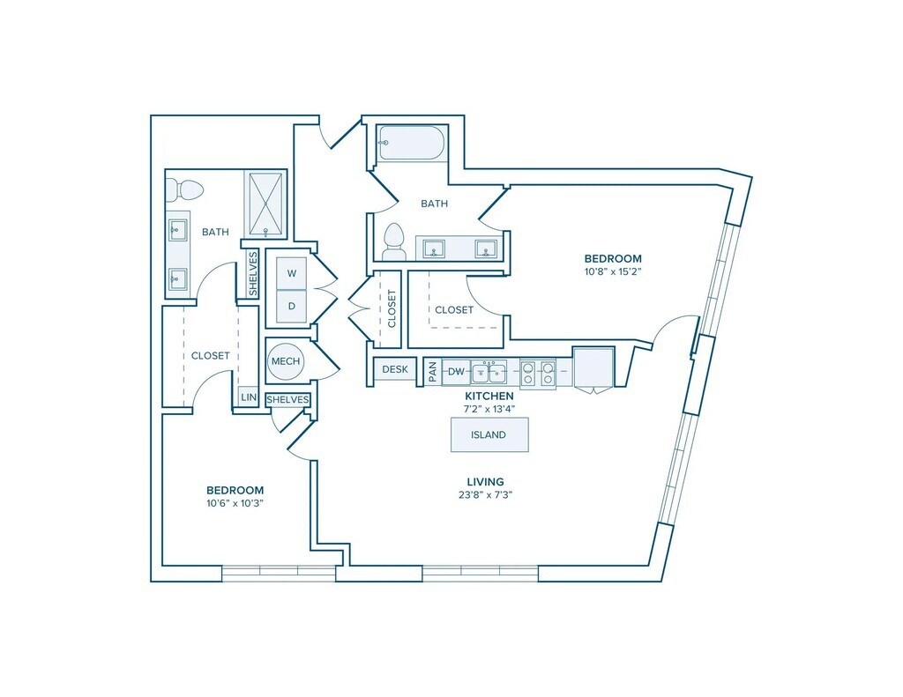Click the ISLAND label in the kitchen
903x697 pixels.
[x=489, y=435]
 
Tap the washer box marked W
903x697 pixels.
[x=292, y=273]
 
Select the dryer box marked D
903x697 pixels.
[x=292, y=306]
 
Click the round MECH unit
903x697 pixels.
[x=286, y=361]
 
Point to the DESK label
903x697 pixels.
[x=395, y=369]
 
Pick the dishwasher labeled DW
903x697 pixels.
[x=456, y=372]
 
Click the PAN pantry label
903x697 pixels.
[x=432, y=372]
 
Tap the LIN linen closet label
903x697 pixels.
[x=249, y=397]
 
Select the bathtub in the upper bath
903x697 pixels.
[x=411, y=143]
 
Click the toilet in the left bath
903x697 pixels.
[x=185, y=189]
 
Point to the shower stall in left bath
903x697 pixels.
[x=265, y=204]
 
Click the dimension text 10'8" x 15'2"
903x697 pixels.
[x=613, y=271]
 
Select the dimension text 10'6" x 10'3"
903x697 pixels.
[x=235, y=503]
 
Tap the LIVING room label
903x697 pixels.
[x=486, y=482]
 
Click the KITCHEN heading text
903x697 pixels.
[x=489, y=396]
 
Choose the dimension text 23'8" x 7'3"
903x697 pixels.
[x=486, y=494]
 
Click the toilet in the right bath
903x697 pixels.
[x=394, y=241]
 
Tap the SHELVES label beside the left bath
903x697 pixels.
[x=253, y=273]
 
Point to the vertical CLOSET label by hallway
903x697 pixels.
[x=392, y=308]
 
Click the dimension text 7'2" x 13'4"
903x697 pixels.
[x=489, y=409]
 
